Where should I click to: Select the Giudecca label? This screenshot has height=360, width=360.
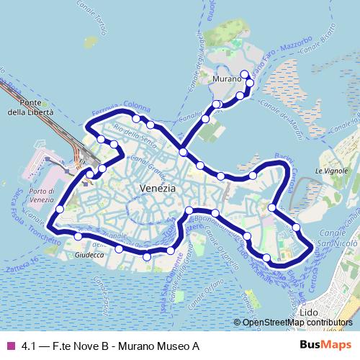(90, 254)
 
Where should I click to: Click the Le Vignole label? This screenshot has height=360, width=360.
(331, 171)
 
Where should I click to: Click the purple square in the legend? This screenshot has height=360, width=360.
(10, 346)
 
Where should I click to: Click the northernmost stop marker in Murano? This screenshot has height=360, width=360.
(245, 73)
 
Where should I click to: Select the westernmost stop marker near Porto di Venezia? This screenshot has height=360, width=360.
(59, 209)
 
